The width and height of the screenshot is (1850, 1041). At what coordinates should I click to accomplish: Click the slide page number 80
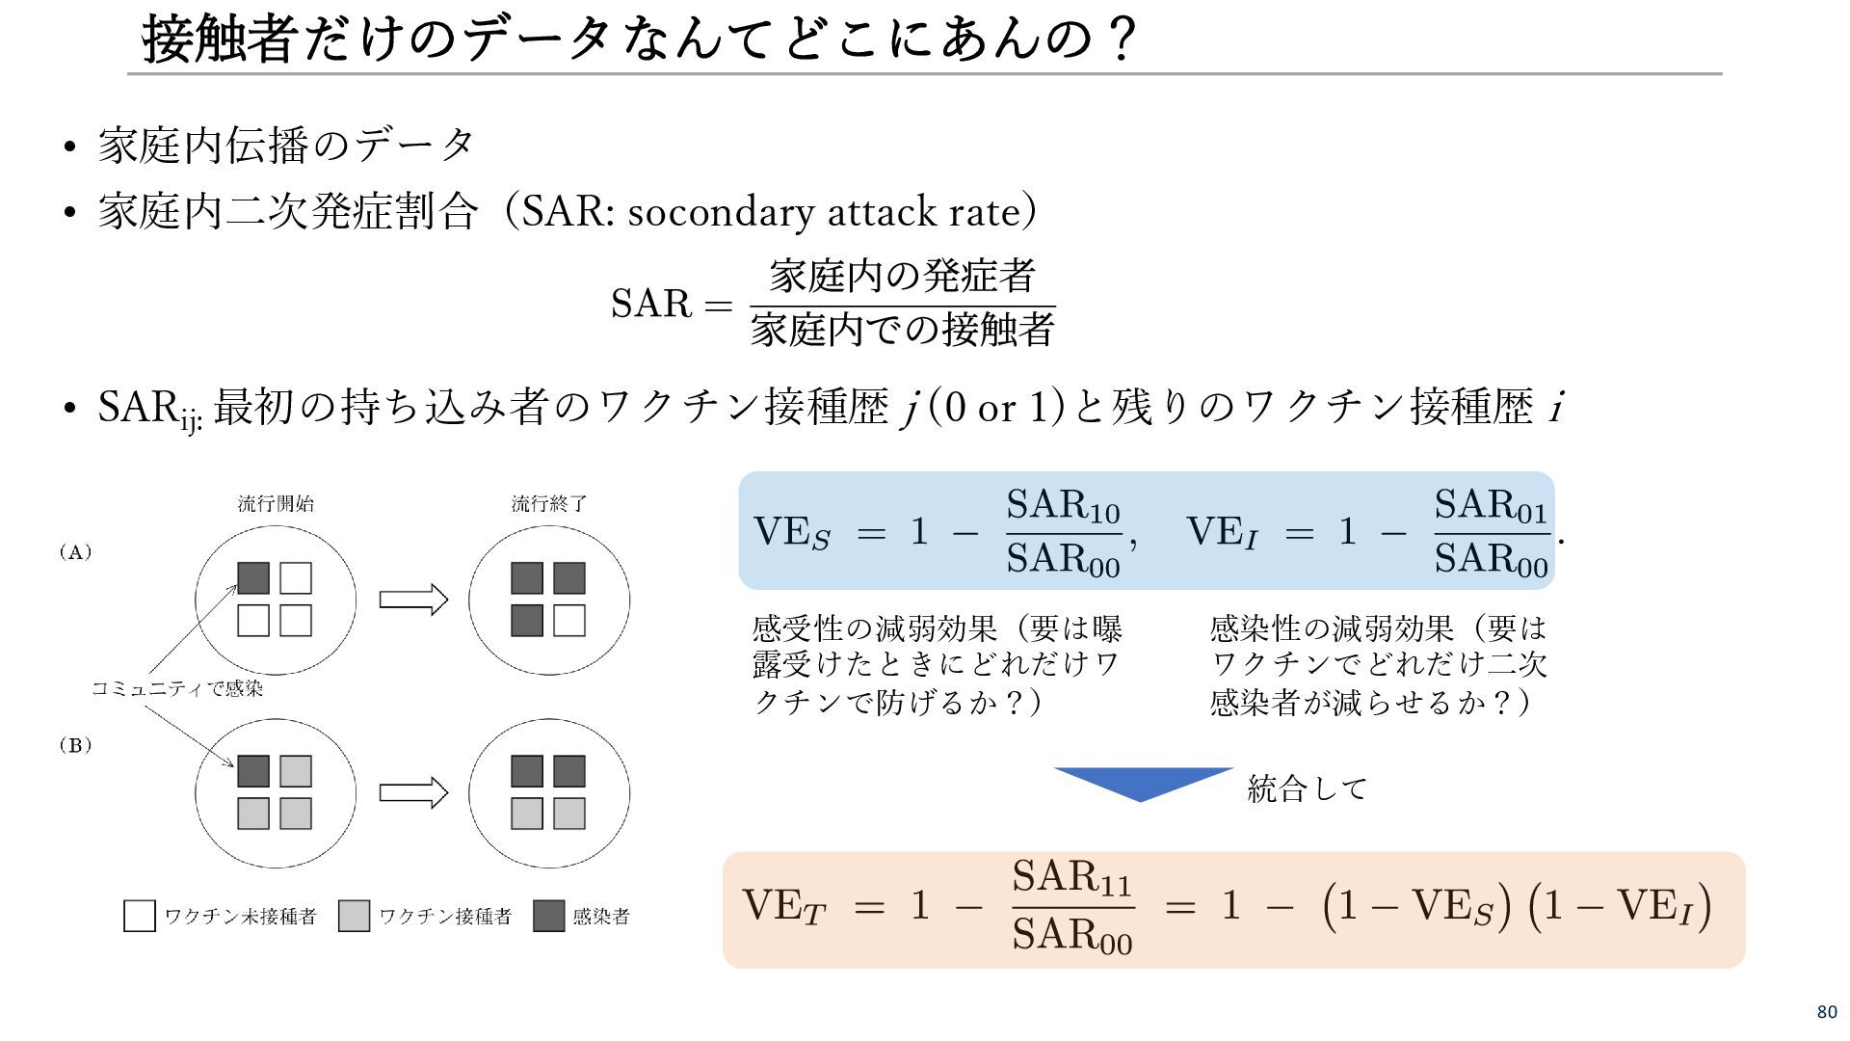1827,1012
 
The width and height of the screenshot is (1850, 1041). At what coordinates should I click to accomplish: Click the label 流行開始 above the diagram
276,504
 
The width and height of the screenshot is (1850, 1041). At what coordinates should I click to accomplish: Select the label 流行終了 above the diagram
549,504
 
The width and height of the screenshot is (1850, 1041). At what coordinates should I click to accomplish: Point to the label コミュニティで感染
177,688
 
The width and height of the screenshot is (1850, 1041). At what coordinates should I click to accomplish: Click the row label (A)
75,552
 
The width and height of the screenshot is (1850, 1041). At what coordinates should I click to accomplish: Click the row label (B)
75,745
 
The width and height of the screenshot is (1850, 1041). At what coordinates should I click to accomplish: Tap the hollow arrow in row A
413,600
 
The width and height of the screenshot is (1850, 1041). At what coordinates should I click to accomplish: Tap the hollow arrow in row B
413,792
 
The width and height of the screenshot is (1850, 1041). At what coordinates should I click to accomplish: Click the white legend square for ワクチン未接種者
140,916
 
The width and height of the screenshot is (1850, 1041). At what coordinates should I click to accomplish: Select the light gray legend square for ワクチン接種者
355,916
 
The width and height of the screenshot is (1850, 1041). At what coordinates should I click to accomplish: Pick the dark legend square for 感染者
549,916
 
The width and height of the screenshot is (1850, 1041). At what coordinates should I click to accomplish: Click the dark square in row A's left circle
253,578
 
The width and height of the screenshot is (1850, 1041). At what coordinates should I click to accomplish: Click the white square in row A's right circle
569,621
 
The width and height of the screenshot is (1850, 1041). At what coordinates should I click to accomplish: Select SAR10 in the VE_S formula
1063,506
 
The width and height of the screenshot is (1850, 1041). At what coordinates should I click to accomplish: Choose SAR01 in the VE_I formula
1491,506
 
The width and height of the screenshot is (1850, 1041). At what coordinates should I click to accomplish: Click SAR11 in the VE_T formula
1071,878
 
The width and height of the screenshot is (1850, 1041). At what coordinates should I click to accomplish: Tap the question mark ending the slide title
1122,40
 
